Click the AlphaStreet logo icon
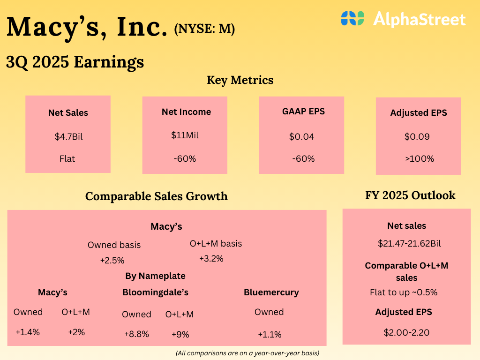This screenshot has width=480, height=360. coord(352,18)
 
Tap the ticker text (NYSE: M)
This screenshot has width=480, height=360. coord(204,29)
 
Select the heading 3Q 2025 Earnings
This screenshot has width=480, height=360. coord(75,62)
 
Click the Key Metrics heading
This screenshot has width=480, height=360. coord(240,80)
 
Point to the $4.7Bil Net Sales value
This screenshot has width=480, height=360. coord(68,137)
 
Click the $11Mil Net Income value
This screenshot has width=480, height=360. coord(185,135)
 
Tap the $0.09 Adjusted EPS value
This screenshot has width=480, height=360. coord(417,137)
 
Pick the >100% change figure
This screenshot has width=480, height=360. coord(419,158)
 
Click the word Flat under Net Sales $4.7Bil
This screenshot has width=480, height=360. coord(68,158)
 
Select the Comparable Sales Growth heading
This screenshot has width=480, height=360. coord(157,196)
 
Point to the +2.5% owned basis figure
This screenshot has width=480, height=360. coord(112,260)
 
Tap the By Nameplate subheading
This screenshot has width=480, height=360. coord(155,276)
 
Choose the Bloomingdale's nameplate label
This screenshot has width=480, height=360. coord(155,292)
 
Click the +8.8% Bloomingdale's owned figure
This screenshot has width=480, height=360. coord(136,334)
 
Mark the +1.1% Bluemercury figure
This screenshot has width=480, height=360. coord(270,335)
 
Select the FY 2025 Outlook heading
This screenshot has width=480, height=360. coord(410,195)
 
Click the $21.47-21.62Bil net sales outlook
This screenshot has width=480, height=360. coord(409,244)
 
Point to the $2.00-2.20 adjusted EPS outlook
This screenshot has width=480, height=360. coord(406,333)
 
